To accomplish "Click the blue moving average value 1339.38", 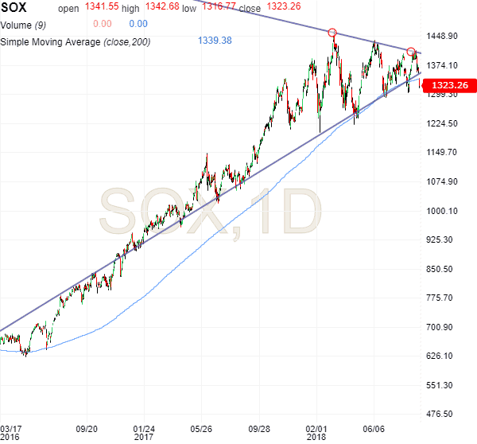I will tap(214, 40).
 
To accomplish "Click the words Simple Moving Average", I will tap(48, 40).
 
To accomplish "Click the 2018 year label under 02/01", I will tap(317, 437).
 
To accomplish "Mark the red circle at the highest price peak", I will tap(332, 33).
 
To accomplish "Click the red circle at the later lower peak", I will tap(410, 52).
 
